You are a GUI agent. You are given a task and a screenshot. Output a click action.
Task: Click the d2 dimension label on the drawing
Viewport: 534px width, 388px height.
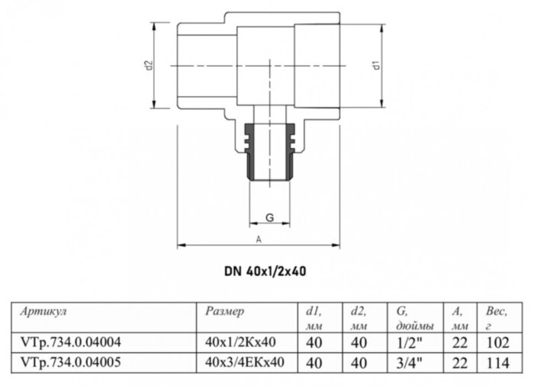click(x=150, y=66)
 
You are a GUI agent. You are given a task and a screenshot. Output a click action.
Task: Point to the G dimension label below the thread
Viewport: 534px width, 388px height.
click(x=269, y=218)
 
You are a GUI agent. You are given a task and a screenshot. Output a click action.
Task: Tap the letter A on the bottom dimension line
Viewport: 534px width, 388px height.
click(x=259, y=239)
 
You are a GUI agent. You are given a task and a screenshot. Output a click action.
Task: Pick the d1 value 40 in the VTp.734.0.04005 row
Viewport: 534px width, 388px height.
click(x=312, y=363)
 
